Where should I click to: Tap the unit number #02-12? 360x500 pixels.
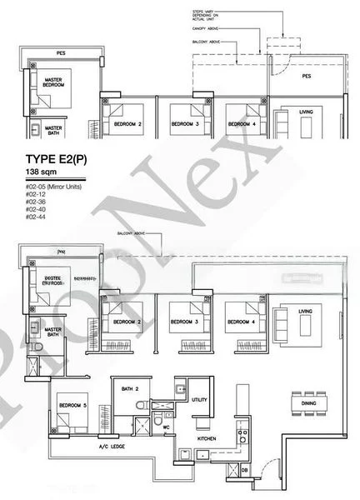pos(36,192)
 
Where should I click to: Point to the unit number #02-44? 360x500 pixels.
pos(36,215)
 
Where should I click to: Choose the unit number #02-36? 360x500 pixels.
pos(36,200)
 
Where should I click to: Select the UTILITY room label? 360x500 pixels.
pos(199,400)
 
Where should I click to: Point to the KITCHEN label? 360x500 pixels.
pos(207,437)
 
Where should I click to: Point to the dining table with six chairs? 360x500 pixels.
pos(302,397)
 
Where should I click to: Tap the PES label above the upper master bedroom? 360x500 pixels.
pos(60,52)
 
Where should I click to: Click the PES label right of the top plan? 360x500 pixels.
pos(306,75)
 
